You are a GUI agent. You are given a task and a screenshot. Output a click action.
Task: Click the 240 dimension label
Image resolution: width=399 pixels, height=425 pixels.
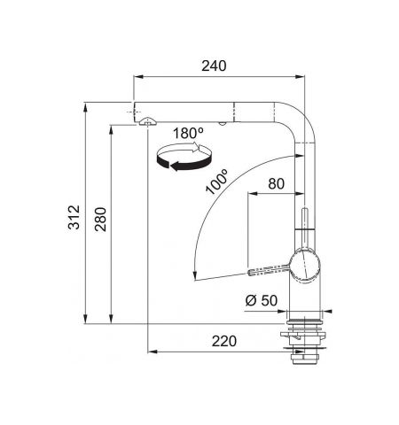[214, 66]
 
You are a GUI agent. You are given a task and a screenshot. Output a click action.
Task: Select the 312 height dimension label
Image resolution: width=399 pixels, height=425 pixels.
[74, 217]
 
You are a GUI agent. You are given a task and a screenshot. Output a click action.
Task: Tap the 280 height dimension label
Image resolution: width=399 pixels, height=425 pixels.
[100, 220]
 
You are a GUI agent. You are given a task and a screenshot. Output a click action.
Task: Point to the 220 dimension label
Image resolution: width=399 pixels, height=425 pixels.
[224, 341]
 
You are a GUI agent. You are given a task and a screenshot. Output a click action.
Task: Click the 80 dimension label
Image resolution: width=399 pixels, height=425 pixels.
[276, 183]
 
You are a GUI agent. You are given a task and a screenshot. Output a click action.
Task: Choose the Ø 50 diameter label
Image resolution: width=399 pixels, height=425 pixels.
[262, 300]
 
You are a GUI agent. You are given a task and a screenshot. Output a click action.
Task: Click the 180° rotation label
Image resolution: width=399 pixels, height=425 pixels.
[188, 133]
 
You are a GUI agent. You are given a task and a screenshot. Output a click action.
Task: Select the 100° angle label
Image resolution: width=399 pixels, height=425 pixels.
[217, 182]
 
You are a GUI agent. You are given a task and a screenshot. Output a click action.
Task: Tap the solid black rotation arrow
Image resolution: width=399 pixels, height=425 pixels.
[184, 164]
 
